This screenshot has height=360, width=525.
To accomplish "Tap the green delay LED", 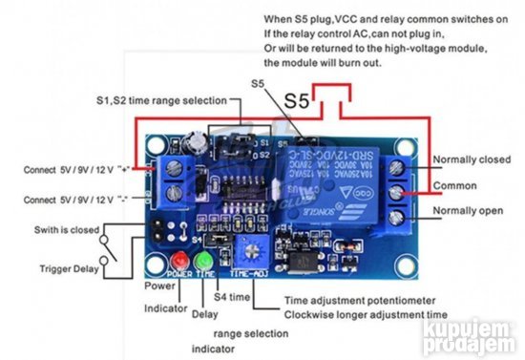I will click(201, 262).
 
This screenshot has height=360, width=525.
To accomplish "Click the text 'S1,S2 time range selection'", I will click(161, 100).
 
